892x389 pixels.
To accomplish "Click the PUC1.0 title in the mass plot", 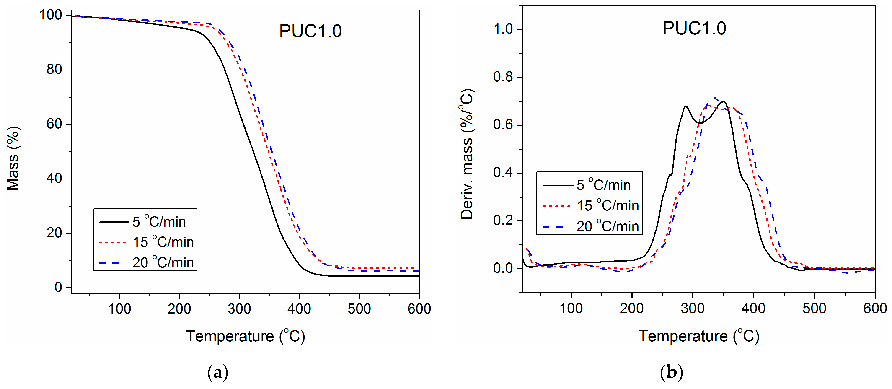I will click(x=310, y=31).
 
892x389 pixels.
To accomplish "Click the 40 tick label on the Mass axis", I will click(x=54, y=179).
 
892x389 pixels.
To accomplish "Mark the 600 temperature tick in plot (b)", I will click(x=875, y=308).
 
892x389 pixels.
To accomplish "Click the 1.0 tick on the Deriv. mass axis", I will click(x=503, y=29).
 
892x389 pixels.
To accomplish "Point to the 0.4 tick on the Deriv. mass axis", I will click(x=503, y=173).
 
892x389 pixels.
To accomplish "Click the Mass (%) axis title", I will click(x=13, y=158).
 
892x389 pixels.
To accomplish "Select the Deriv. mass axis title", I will click(x=467, y=154).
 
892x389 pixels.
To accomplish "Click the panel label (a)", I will click(x=217, y=373).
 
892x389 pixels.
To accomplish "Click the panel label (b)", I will click(x=671, y=373).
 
